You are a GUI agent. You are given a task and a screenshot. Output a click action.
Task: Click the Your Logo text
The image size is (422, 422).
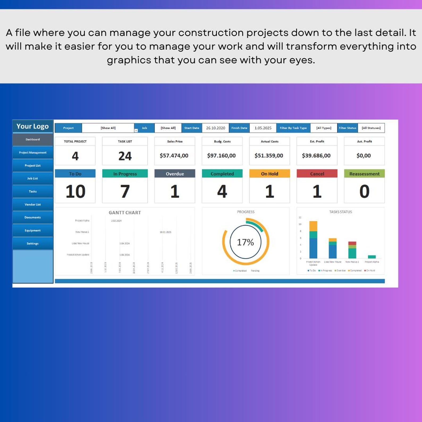32,126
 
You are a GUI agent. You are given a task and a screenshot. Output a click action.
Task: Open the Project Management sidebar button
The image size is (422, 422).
33,153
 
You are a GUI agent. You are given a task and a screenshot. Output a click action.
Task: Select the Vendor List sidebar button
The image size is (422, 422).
33,204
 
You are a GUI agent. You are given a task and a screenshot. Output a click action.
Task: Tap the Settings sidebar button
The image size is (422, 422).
33,243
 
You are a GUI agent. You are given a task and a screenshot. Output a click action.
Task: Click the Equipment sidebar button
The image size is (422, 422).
33,230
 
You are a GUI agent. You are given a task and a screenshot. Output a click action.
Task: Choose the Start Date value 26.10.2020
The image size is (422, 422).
216,128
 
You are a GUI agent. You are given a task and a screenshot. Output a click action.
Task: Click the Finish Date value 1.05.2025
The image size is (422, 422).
263,128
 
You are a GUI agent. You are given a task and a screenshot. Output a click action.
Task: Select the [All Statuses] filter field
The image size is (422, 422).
371,128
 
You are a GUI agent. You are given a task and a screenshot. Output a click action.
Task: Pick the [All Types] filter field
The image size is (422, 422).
324,128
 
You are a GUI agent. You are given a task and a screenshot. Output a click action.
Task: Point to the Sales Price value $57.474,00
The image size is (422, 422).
174,155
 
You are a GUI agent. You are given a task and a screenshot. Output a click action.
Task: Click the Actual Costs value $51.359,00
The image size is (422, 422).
269,155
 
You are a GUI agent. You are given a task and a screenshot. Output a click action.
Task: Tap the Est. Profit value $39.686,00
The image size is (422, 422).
316,155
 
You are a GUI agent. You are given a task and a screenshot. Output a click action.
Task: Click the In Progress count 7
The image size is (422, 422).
125,191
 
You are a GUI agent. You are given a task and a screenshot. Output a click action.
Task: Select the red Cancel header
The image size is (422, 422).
317,174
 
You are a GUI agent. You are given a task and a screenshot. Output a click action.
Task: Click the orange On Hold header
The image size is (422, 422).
269,174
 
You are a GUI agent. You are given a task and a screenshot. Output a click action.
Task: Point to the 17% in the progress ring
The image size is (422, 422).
245,242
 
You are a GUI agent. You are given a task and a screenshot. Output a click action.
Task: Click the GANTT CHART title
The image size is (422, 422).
125,213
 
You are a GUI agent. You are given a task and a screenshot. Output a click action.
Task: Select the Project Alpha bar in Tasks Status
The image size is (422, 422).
372,257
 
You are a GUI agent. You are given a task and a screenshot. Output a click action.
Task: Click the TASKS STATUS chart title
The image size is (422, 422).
340,212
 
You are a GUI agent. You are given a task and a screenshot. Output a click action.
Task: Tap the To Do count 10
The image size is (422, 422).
75,191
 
